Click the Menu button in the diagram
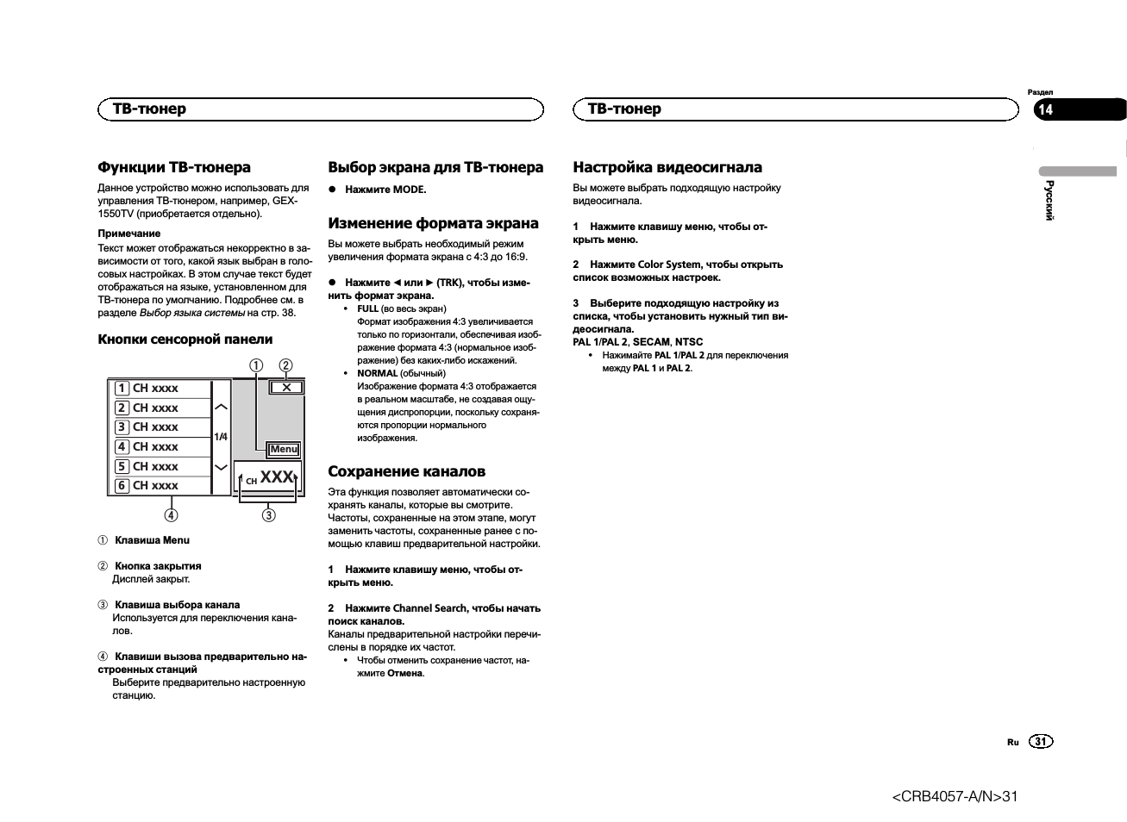[284, 449]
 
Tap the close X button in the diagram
[286, 388]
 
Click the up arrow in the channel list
[222, 407]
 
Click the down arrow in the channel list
[222, 467]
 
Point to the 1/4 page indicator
[222, 437]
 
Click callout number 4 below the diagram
[172, 515]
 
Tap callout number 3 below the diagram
[269, 515]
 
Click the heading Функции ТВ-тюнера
[174, 167]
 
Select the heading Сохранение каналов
[406, 471]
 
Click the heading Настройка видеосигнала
[667, 167]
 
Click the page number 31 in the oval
[1041, 742]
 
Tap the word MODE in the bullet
[410, 190]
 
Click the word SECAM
[651, 342]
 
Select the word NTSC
[689, 342]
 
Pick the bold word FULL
[367, 308]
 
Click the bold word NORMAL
[377, 373]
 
